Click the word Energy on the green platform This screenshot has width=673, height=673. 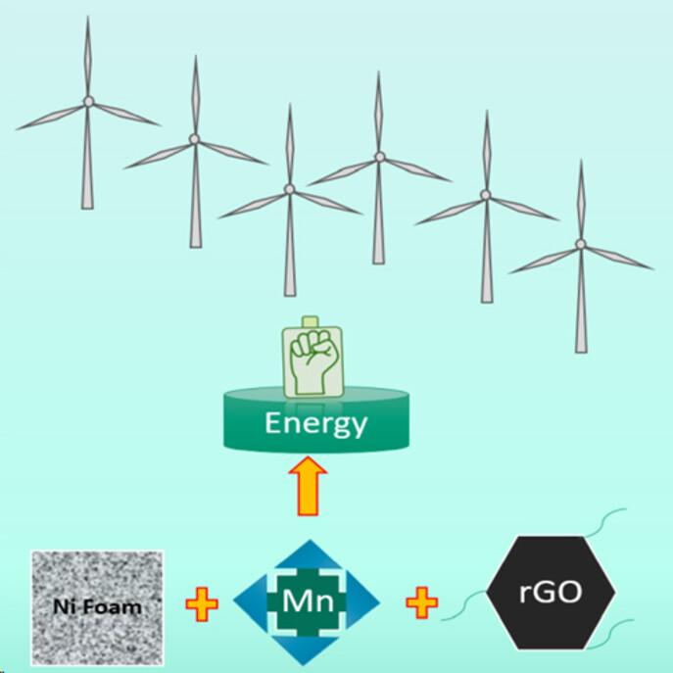tap(316, 424)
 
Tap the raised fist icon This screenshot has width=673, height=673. tap(313, 361)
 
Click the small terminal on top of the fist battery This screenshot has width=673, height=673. tap(310, 322)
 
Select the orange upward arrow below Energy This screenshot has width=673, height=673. tap(308, 486)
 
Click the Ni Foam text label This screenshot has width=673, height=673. tap(97, 607)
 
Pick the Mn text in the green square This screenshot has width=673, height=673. tap(308, 601)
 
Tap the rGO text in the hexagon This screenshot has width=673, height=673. tap(551, 592)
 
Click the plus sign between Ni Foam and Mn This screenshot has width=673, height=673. tap(202, 604)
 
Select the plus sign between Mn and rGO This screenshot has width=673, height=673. tap(422, 602)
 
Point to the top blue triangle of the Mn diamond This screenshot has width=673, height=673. tap(310, 555)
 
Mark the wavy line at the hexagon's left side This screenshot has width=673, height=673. tap(463, 605)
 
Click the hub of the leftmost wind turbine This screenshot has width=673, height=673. tap(88, 102)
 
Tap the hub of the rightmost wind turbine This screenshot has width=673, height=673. tap(581, 244)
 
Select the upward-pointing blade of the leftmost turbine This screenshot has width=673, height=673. tap(88, 57)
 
